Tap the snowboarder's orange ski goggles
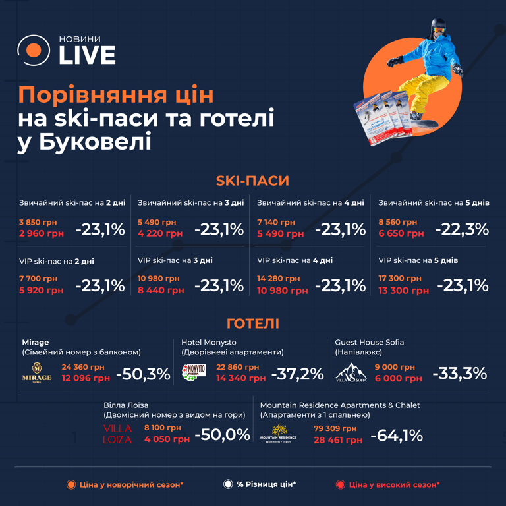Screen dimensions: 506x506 pos(439,29)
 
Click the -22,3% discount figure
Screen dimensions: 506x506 pos(462,229)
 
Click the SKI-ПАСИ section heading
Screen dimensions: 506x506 pos(252,181)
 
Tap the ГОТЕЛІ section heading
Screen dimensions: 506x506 pos(252,323)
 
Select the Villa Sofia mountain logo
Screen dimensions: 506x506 pos(351,373)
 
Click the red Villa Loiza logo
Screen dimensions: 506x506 pos(117,434)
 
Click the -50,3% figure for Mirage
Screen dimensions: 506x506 pos(143,374)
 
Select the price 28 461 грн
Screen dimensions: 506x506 pos(338,439)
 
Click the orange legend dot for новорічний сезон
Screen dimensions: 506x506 pos(70,484)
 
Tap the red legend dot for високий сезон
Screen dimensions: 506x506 pos(340,484)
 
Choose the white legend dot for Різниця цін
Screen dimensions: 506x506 pos(228,484)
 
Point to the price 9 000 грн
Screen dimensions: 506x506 pos(395,367)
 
